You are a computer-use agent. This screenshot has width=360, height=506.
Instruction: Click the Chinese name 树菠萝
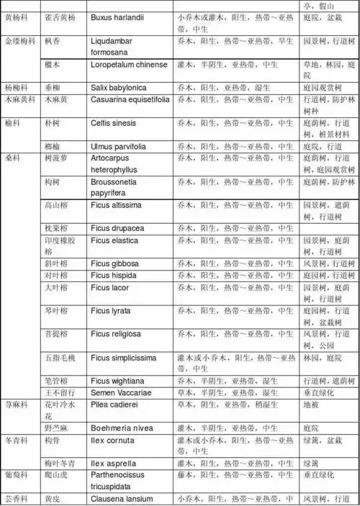[57, 158]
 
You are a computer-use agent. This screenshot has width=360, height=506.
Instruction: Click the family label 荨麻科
[17, 405]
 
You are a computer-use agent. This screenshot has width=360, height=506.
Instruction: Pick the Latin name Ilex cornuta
[112, 439]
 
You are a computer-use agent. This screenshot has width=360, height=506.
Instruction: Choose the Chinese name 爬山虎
[57, 475]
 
